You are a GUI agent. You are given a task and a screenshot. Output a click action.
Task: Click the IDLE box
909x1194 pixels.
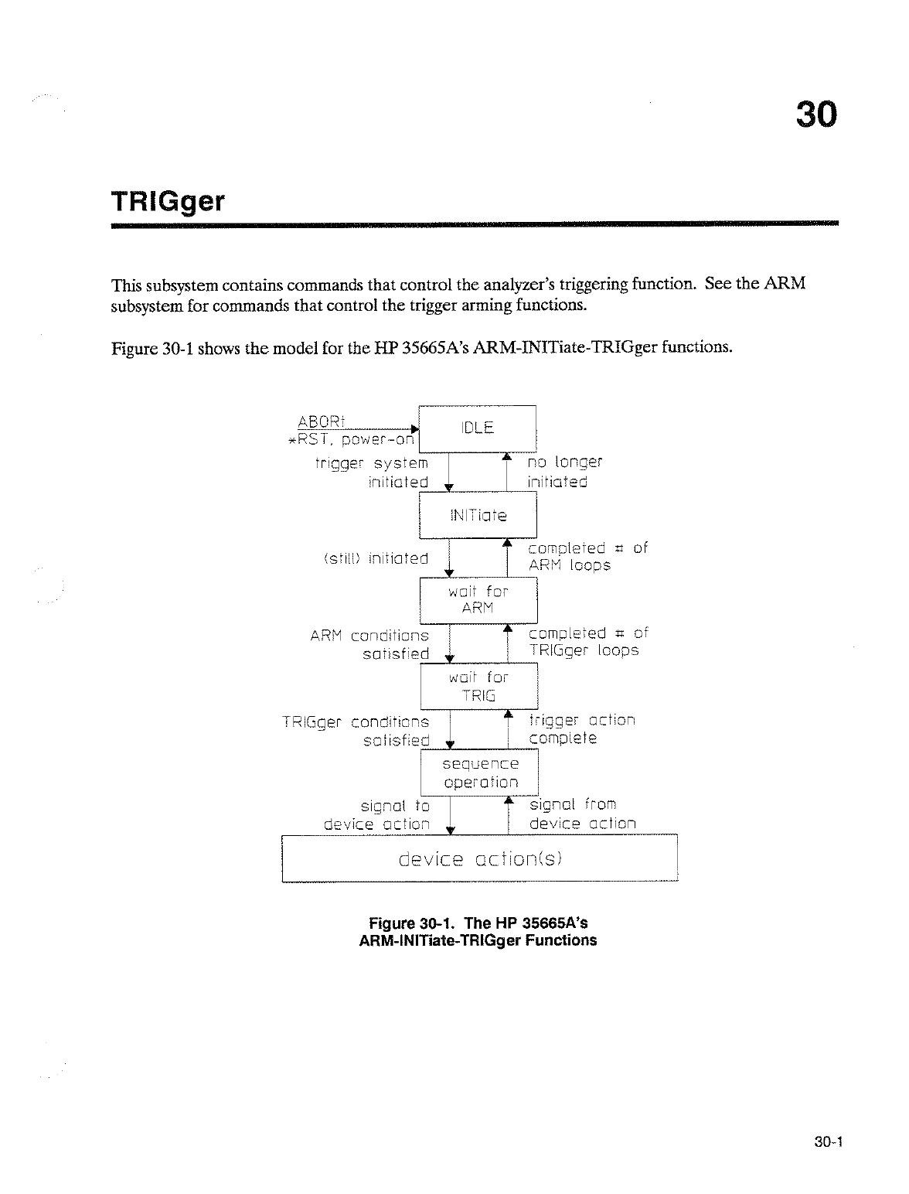coord(477,428)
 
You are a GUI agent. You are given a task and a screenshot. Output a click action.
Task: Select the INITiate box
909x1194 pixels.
coord(477,515)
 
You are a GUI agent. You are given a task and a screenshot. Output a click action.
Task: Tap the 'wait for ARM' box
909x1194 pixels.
coord(478,600)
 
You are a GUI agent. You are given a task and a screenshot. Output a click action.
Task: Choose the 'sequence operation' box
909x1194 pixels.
coord(479,773)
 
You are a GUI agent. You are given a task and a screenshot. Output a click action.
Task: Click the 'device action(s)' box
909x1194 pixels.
coord(479,858)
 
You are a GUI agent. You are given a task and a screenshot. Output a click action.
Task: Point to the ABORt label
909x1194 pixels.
coord(321,421)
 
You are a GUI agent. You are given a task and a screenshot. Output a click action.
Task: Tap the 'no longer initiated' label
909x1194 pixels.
coord(563,472)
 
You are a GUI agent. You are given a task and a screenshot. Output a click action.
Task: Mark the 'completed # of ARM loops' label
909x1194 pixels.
coord(587,557)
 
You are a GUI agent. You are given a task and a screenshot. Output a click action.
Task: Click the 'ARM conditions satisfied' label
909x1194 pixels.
coord(369,644)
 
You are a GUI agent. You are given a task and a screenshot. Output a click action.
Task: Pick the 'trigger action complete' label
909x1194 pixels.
coord(581,729)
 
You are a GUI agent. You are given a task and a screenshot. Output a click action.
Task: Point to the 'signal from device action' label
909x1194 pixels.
coord(582,814)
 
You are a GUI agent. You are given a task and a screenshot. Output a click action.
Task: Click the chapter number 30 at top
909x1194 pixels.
coord(815,115)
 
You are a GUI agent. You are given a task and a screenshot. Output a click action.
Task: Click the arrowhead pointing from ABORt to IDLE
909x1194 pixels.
coord(414,428)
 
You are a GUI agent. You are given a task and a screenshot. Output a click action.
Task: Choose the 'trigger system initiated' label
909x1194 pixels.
coord(372,472)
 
